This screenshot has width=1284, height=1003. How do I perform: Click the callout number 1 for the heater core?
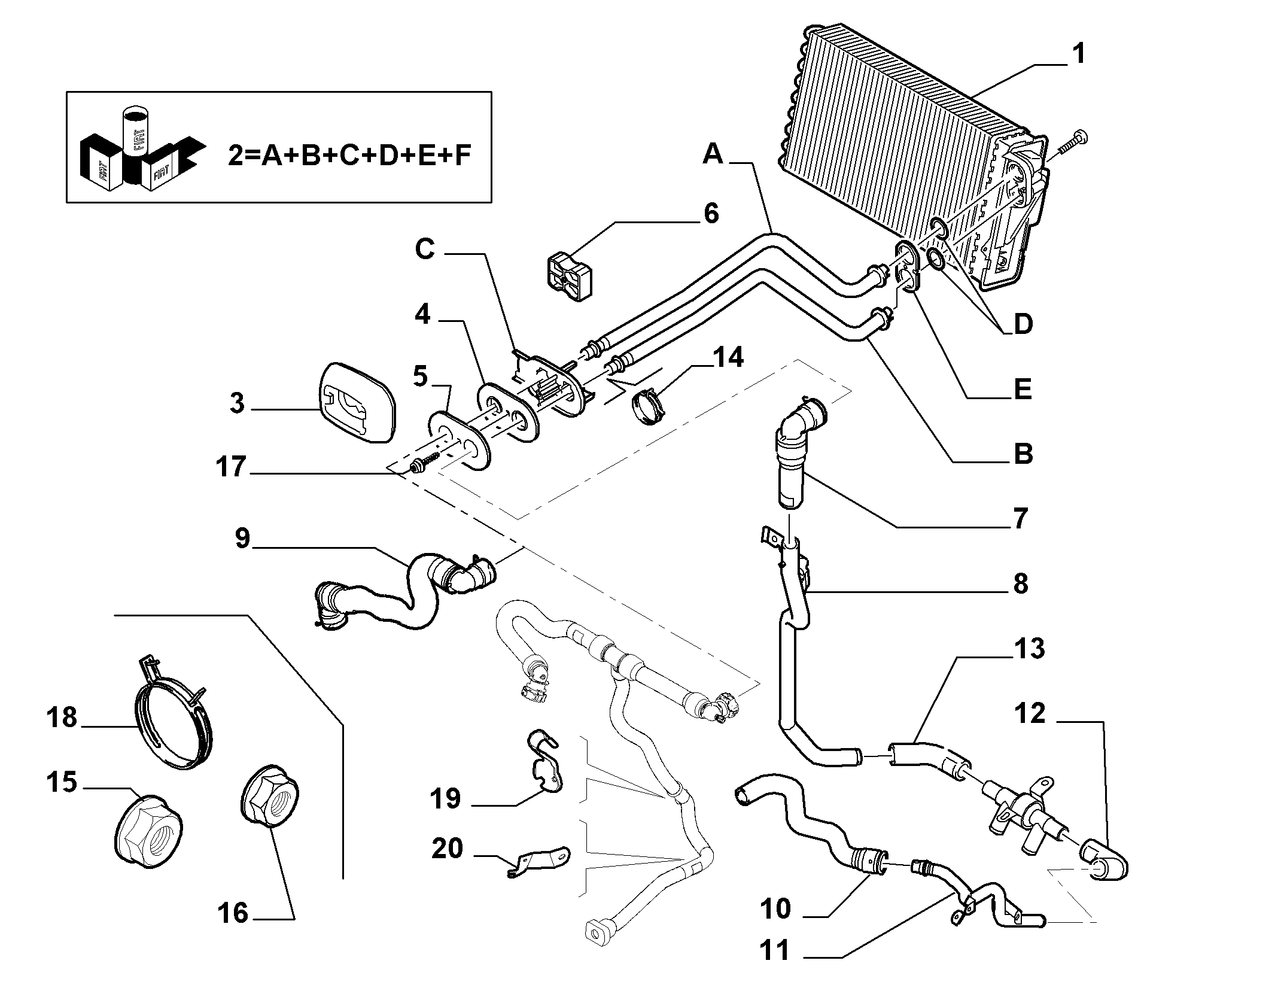click(1078, 54)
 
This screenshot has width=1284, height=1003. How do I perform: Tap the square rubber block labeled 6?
click(570, 276)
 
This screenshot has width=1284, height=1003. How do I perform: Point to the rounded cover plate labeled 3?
click(357, 402)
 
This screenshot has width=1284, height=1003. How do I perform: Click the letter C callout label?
click(425, 250)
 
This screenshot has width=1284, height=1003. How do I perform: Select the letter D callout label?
click(1023, 324)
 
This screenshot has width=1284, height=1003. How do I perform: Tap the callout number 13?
click(1029, 649)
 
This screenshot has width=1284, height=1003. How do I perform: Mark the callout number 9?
click(242, 538)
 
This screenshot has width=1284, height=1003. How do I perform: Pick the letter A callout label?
click(713, 154)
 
